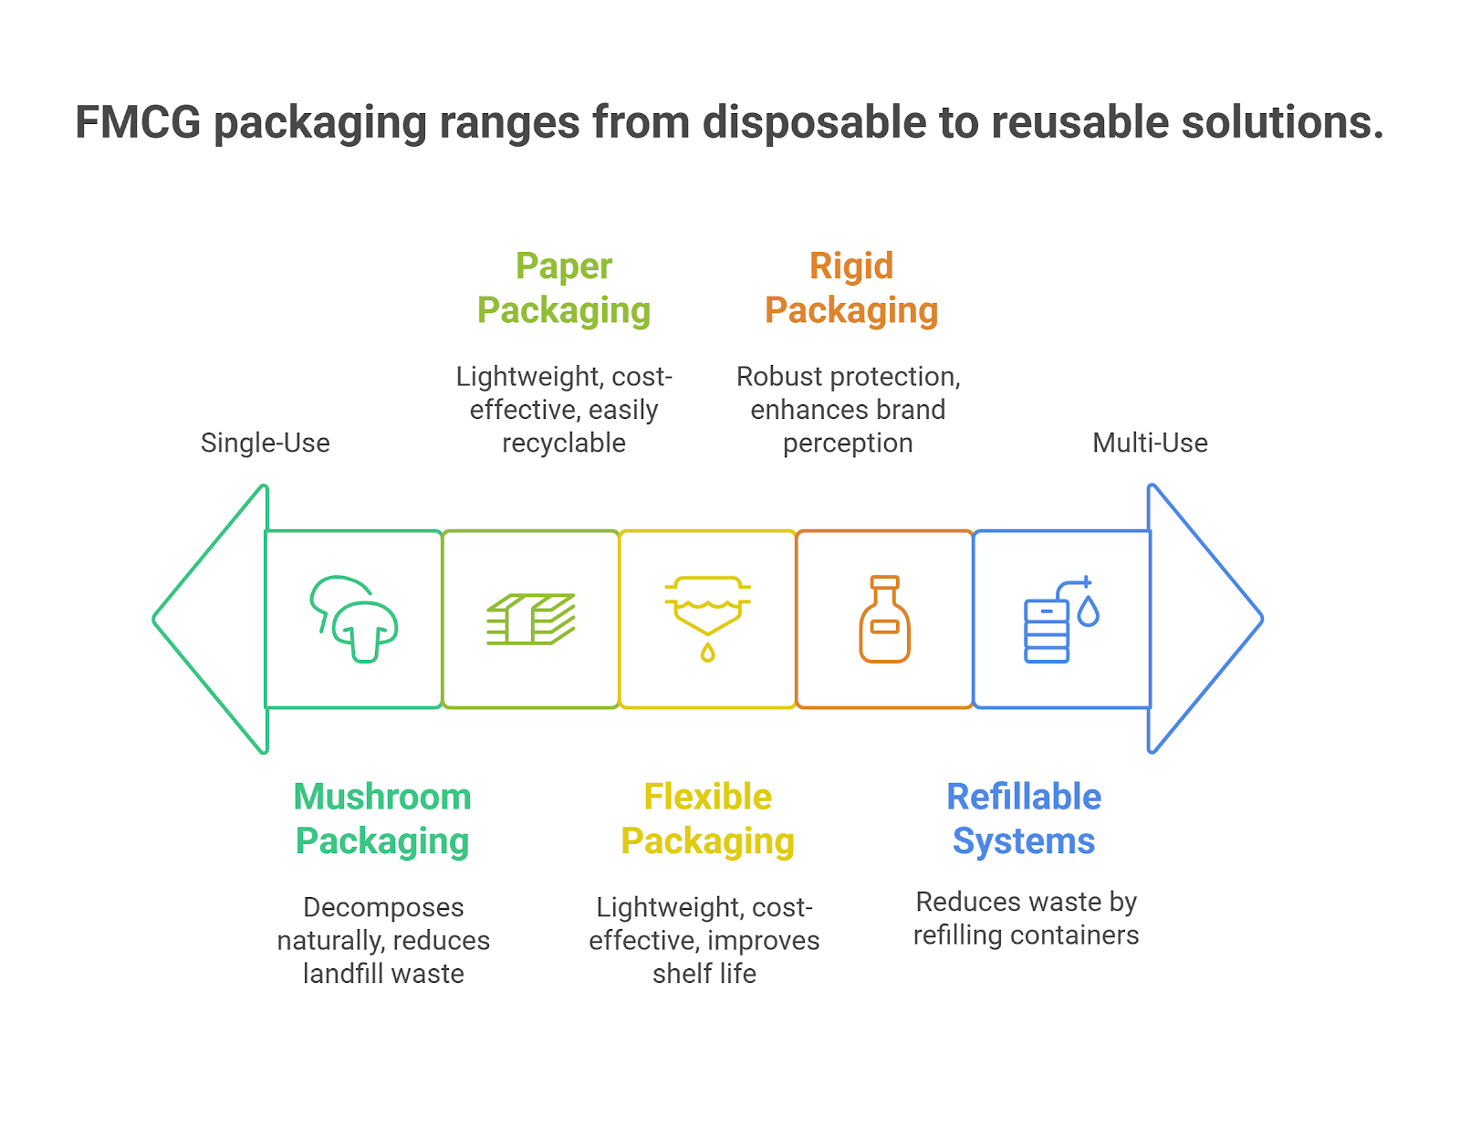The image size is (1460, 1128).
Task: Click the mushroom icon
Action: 354,619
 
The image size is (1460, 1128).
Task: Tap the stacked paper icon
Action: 530,619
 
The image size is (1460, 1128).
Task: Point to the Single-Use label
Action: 265,443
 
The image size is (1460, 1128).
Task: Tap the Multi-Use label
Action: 1150,443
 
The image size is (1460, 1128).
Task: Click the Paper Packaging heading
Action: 564,287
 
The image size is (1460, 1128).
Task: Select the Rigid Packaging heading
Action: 851,287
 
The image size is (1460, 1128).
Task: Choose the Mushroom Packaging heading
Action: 382,819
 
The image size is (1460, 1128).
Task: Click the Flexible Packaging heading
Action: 707,819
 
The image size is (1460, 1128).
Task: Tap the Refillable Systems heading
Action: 1024,819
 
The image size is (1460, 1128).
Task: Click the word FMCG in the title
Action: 138,122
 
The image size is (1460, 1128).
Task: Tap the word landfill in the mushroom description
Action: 343,974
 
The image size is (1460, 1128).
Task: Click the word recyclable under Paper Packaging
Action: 564,444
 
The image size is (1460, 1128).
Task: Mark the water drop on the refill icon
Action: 1088,611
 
